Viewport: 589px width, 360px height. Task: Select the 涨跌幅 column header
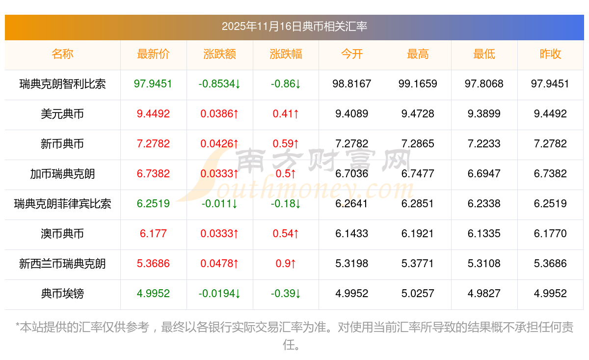pyautogui.click(x=286, y=54)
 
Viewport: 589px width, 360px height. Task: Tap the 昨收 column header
pyautogui.click(x=550, y=54)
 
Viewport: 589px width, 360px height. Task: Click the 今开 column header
pyautogui.click(x=352, y=54)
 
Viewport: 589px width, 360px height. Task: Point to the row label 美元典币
pyautogui.click(x=62, y=114)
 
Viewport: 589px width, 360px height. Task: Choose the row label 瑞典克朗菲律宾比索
pyautogui.click(x=62, y=204)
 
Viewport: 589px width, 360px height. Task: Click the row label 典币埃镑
pyautogui.click(x=62, y=294)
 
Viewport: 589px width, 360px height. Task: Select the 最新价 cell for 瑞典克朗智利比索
pyautogui.click(x=153, y=84)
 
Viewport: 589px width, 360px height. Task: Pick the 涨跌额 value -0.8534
pyautogui.click(x=219, y=84)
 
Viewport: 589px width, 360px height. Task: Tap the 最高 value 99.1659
pyautogui.click(x=418, y=84)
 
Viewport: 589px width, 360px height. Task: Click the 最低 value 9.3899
pyautogui.click(x=484, y=114)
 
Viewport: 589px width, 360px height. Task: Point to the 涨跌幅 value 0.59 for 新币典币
pyautogui.click(x=286, y=144)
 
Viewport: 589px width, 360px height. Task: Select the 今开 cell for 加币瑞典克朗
pyautogui.click(x=352, y=174)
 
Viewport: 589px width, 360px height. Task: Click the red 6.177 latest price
pyautogui.click(x=153, y=234)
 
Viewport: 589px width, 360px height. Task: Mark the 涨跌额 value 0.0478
pyautogui.click(x=219, y=264)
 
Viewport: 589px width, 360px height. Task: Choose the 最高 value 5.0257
pyautogui.click(x=418, y=294)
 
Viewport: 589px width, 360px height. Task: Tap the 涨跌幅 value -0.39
pyautogui.click(x=286, y=294)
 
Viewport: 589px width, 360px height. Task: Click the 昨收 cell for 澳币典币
pyautogui.click(x=550, y=234)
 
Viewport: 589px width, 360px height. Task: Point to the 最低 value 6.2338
pyautogui.click(x=484, y=204)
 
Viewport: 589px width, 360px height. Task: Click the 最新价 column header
pyautogui.click(x=153, y=54)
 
